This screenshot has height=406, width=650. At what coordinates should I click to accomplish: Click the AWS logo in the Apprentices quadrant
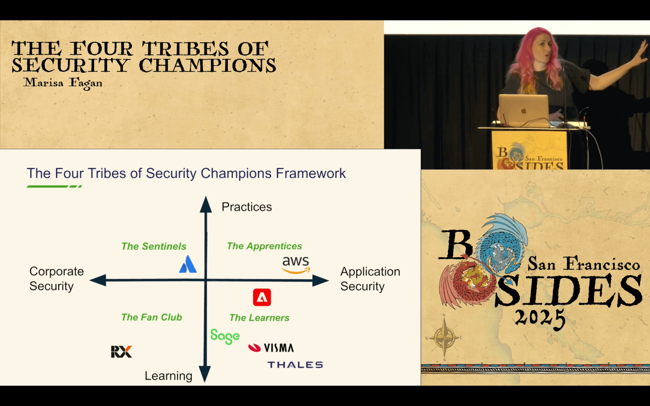click(x=296, y=265)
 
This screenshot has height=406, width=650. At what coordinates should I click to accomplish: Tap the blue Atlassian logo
click(x=188, y=264)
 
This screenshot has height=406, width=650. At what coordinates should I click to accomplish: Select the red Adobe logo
click(x=262, y=297)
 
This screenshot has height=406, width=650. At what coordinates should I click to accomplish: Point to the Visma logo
click(x=271, y=348)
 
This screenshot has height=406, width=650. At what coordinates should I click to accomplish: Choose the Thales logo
click(x=295, y=365)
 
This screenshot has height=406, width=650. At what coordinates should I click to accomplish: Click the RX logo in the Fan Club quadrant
click(x=121, y=351)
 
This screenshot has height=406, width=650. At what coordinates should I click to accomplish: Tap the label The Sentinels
click(x=154, y=246)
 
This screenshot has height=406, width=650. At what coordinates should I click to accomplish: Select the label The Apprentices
click(x=264, y=246)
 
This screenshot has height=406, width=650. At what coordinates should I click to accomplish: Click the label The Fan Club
click(x=152, y=317)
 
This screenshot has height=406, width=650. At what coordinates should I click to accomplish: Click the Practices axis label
click(x=246, y=207)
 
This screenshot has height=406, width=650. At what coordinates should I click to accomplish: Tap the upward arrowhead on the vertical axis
click(x=206, y=205)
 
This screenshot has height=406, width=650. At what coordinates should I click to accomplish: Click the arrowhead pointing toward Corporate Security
click(x=98, y=280)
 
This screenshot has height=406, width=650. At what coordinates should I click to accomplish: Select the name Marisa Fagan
click(x=63, y=83)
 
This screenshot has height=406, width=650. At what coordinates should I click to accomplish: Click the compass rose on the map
click(x=444, y=337)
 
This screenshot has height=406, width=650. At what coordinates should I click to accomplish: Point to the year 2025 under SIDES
click(x=540, y=319)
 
